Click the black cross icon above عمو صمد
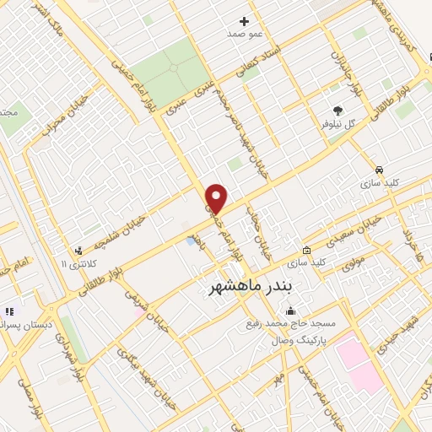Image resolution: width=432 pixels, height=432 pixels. pos(245,21)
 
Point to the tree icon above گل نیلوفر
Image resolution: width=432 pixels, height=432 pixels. pos(338,110)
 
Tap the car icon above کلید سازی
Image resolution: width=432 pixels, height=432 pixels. pos(380,169)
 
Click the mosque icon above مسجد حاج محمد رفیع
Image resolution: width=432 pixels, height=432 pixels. pos(291,310)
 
